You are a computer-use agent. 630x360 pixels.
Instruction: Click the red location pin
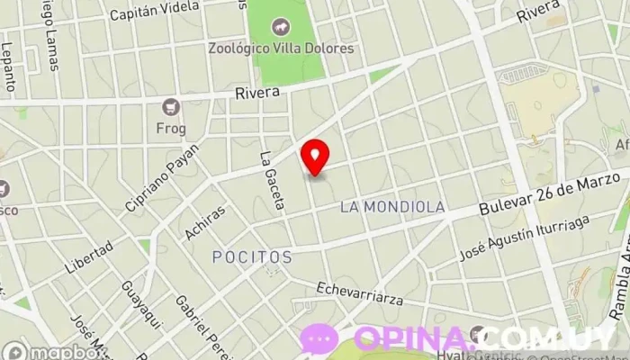coord(315,157)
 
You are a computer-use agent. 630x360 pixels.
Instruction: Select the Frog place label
coord(170,128)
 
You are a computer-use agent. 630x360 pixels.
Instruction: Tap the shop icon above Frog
coord(170,108)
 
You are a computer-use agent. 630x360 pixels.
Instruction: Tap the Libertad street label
coord(89,257)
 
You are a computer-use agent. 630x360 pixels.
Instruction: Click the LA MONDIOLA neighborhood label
coord(392,207)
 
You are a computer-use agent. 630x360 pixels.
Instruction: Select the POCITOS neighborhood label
coord(252,257)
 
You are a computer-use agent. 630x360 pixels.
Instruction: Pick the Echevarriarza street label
coord(360,294)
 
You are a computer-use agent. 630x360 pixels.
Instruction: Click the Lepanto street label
coord(8,67)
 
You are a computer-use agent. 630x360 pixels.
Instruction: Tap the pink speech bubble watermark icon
coord(319,338)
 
